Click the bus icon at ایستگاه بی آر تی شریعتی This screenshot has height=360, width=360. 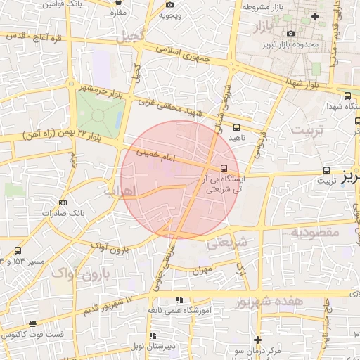(x=224, y=168)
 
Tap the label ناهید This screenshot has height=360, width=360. (x=236, y=139)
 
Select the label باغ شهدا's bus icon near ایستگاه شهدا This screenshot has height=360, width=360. (x=347, y=96)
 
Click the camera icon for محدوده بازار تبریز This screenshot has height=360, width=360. (x=291, y=34)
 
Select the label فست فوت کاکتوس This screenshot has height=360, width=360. (x=35, y=335)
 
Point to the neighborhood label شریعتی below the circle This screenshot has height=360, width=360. (x=226, y=243)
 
